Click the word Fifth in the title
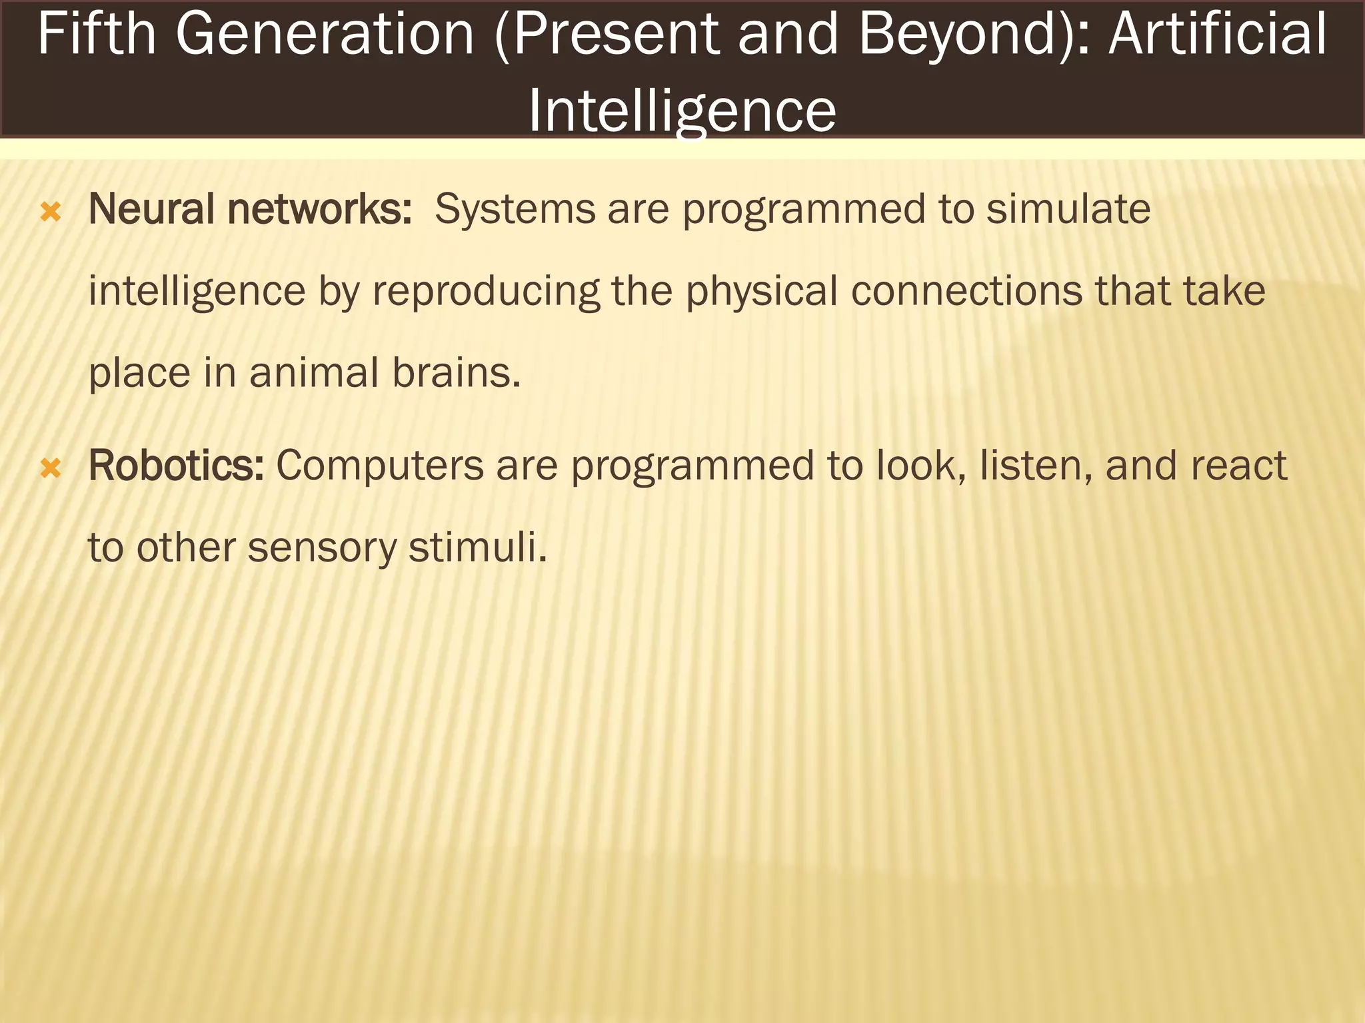[97, 35]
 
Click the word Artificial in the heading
[1217, 35]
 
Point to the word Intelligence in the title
[682, 110]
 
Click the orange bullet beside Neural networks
[51, 212]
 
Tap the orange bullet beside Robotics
[51, 468]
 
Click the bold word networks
[319, 209]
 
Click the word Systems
[515, 209]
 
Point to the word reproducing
[486, 292]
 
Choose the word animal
[314, 373]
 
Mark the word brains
[456, 373]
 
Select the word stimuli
[477, 547]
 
